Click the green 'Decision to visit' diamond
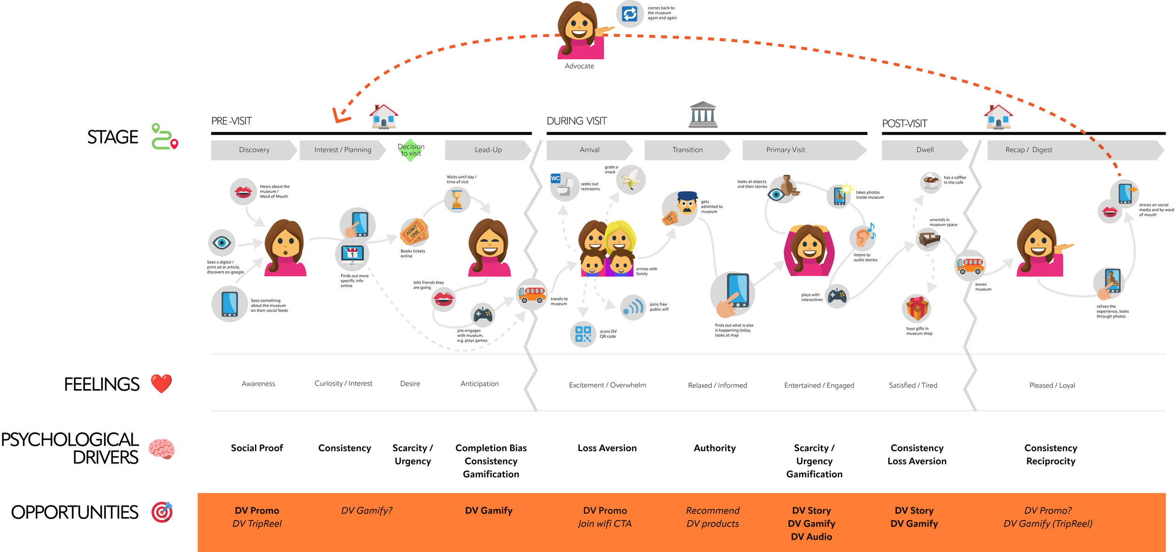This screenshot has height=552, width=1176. pos(411,150)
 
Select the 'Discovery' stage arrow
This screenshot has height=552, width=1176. pos(254,150)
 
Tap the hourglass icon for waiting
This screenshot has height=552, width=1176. pos(457,199)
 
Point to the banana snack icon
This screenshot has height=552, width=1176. pos(631,179)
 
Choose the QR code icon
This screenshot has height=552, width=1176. pos(583,334)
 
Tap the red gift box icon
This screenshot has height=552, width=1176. pos(917,309)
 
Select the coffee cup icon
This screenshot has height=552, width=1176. pos(931,181)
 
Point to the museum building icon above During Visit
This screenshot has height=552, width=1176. pos(703,115)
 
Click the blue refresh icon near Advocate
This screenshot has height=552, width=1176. pos(629,14)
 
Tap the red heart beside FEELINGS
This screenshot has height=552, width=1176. pos(161,384)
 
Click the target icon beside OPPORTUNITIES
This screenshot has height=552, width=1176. pos(162,512)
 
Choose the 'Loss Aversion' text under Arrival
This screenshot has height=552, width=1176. pos(607,448)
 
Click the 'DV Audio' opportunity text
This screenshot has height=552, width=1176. pos(811,536)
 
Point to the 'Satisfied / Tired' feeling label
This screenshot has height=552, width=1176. pos(913,385)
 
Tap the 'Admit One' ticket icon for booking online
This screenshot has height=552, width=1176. pos(414,232)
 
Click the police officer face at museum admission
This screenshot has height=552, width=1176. pos(687,204)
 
